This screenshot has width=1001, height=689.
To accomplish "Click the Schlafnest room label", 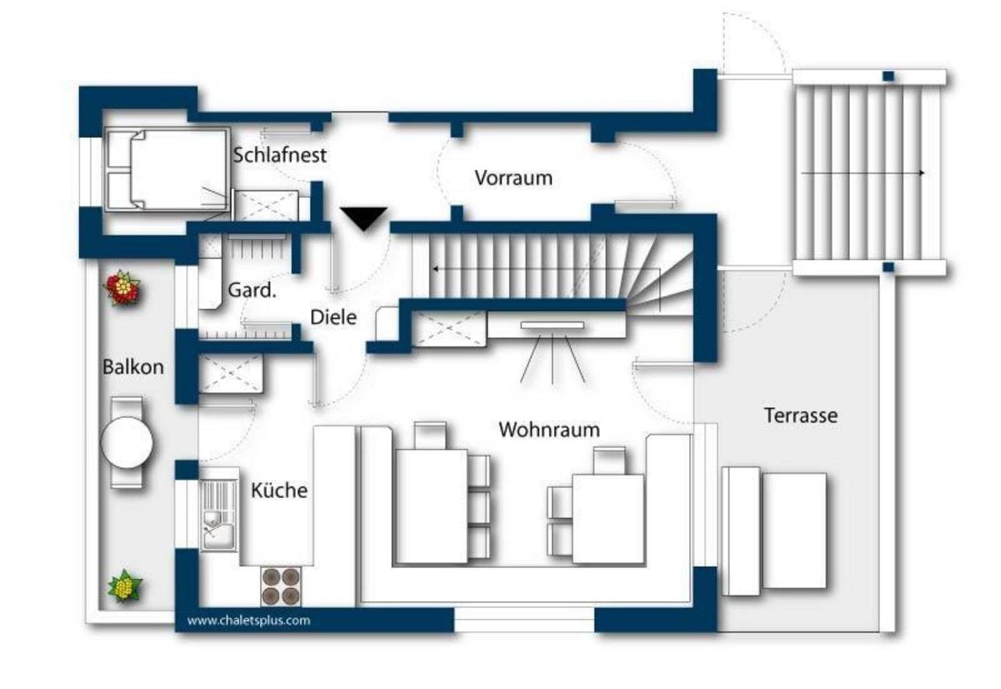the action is click(280, 156).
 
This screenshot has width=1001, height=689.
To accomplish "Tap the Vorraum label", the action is click(514, 178).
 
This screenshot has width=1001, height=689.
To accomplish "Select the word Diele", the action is click(333, 318).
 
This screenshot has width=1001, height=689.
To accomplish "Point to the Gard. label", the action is click(252, 290).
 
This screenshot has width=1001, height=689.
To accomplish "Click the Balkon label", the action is click(133, 367).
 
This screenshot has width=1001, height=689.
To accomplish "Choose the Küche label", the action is click(279, 490).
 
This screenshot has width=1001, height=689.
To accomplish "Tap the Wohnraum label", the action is click(549, 430).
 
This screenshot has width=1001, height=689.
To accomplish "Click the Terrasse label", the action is click(801, 415).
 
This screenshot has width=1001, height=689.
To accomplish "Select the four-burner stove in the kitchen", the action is click(281, 586).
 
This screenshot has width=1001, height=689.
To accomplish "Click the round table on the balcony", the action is click(127, 443).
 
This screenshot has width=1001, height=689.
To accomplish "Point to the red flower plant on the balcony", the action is click(123, 287).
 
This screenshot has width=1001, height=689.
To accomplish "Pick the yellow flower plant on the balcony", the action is click(125, 586).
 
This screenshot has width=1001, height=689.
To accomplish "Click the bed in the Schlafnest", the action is click(167, 169).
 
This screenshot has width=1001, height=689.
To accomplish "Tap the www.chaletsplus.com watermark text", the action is click(248, 620).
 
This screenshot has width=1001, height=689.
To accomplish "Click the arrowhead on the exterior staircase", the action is click(922, 173).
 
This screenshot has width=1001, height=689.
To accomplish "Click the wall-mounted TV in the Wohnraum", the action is click(552, 325).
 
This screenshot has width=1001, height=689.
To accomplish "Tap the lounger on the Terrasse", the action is click(774, 531).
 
